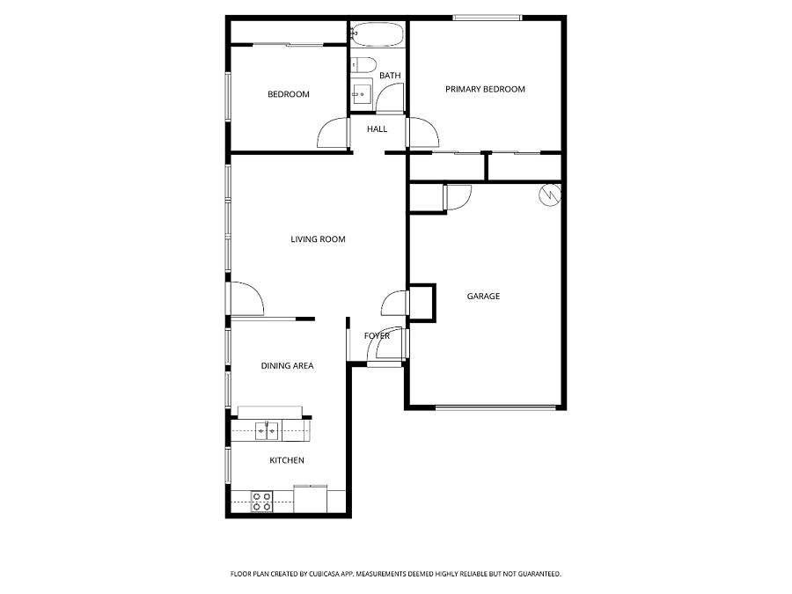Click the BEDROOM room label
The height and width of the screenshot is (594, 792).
(289, 94)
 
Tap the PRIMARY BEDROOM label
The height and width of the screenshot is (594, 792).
(485, 90)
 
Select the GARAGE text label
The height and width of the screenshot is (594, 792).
(483, 297)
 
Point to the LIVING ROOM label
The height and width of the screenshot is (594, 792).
(318, 239)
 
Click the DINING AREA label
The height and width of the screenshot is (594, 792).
(287, 366)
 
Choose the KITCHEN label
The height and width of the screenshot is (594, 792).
(287, 460)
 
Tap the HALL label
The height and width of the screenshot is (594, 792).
(378, 129)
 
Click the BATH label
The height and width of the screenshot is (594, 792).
(390, 76)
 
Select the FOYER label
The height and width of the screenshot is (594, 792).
(377, 336)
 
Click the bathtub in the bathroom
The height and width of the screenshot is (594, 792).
(378, 34)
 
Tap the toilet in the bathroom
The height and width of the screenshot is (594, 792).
(363, 64)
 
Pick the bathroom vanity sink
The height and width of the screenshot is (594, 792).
(362, 94)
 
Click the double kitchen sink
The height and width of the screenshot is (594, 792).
(266, 431)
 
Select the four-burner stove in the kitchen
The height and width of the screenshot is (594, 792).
(262, 502)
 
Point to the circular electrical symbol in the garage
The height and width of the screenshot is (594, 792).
(550, 195)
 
